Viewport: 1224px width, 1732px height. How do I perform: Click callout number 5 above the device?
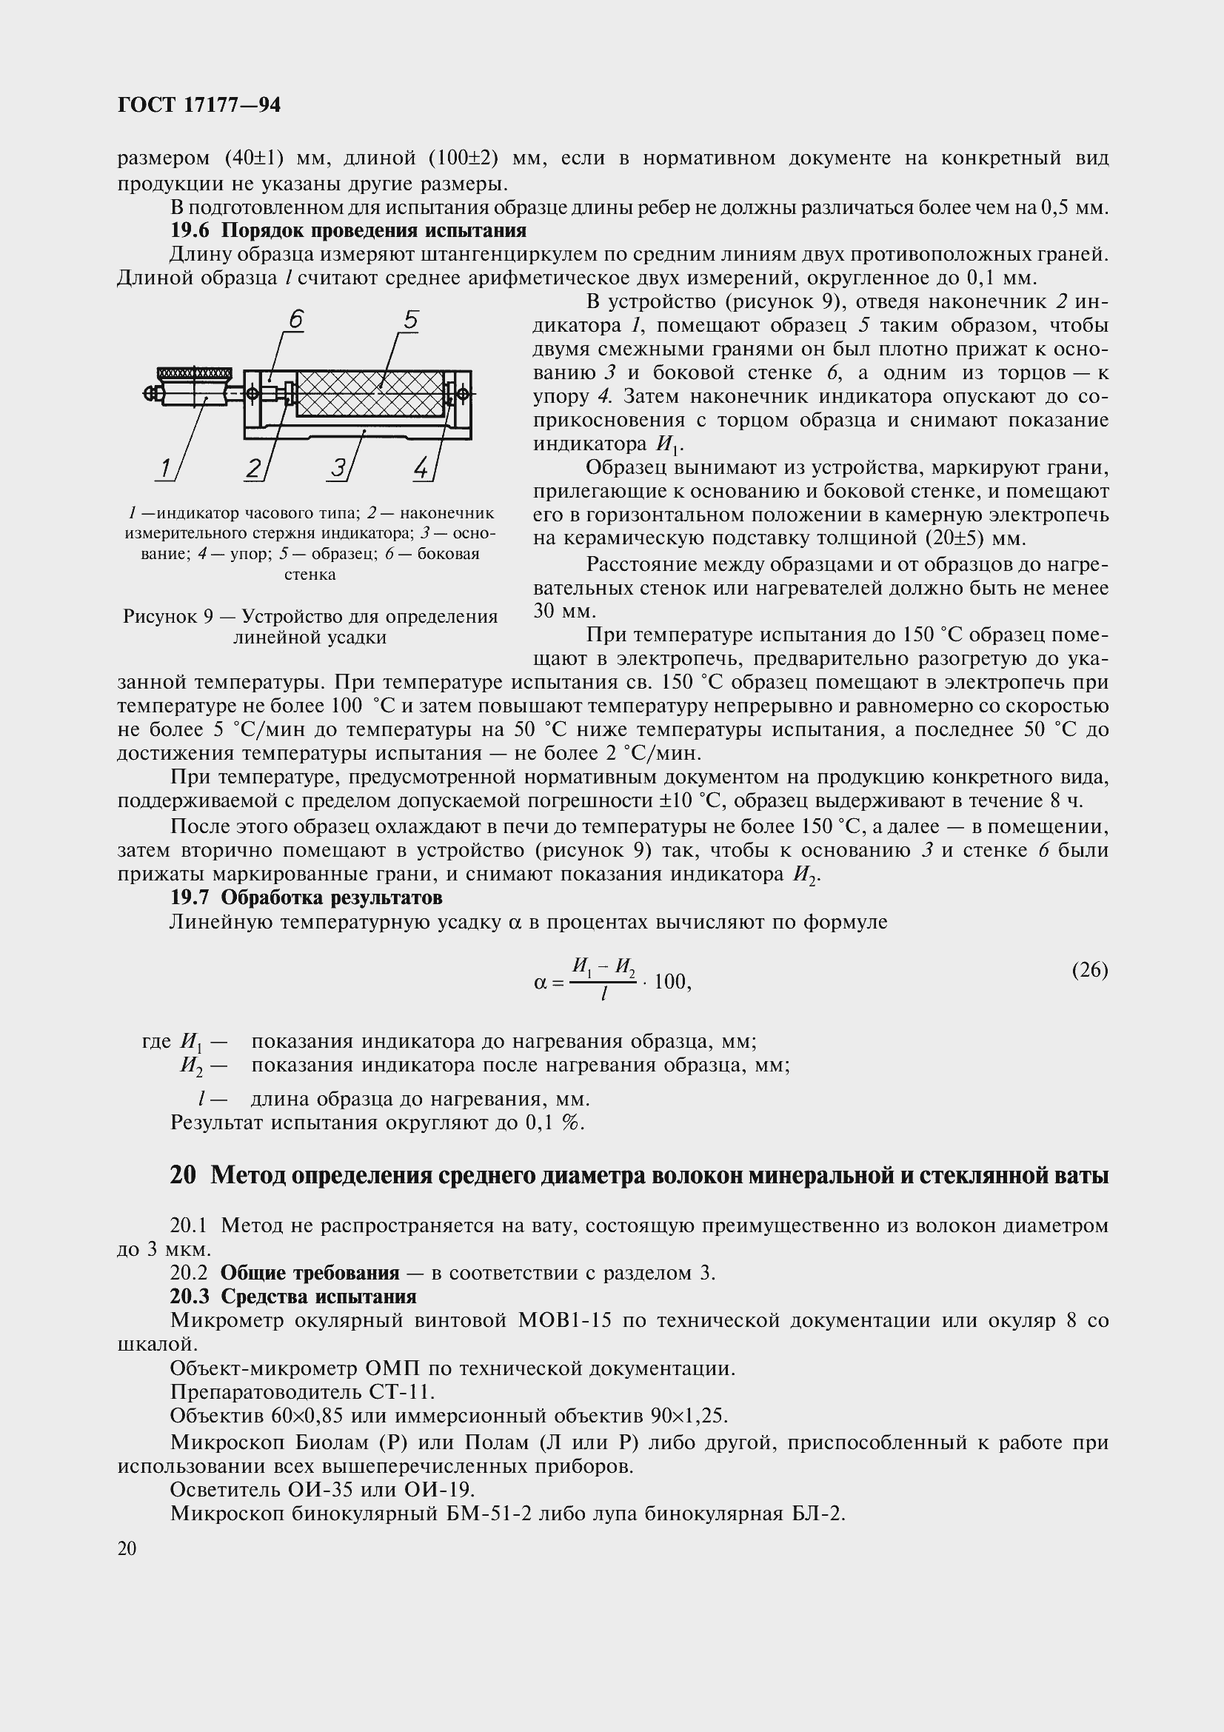point(410,321)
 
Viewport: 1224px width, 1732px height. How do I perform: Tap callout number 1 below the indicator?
point(164,469)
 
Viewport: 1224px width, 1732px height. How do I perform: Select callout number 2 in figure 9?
point(253,469)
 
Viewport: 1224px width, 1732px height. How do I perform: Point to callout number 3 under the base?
point(337,469)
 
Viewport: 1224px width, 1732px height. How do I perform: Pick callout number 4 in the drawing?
point(421,469)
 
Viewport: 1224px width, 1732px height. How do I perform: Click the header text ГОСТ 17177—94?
point(199,106)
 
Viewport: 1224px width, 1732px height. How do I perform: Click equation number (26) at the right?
point(1090,969)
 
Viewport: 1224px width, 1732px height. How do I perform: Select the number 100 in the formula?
point(669,981)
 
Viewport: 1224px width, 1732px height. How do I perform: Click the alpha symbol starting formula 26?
point(539,982)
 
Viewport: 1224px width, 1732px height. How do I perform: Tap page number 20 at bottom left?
point(127,1548)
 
